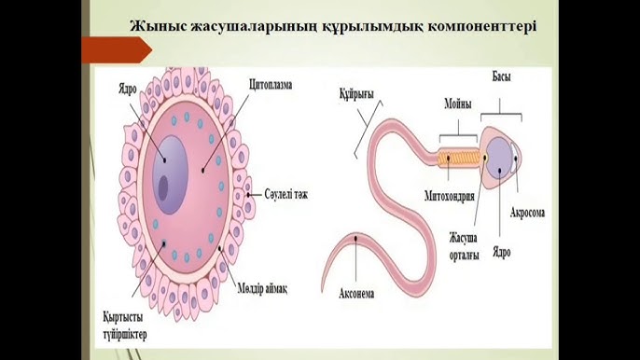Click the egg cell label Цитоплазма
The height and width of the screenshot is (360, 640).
271,85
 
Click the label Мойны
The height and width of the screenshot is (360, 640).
457,104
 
